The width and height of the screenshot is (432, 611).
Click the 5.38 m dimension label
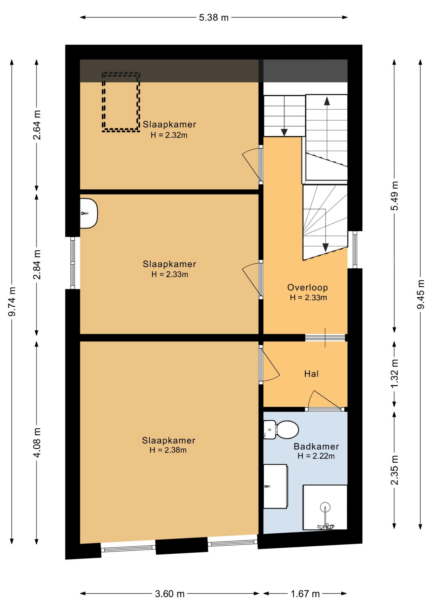pos(214,18)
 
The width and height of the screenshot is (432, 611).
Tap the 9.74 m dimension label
pos(12,301)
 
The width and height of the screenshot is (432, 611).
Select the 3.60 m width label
pos(170,594)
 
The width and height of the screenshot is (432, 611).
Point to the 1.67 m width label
pos(305,594)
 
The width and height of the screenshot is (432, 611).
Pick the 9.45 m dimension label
pos(421,294)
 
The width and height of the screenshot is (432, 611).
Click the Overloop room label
pos(308,287)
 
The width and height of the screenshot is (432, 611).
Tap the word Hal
pos(311,374)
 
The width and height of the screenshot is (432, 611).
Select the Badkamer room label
pos(316,446)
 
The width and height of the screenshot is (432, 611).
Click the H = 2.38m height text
pos(168,450)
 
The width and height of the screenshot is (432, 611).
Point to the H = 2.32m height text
pos(169,135)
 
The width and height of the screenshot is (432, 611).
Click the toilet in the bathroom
pos(281,430)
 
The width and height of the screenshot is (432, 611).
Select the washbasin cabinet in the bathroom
pos(275,486)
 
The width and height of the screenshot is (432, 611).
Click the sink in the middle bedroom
pos(88,213)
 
